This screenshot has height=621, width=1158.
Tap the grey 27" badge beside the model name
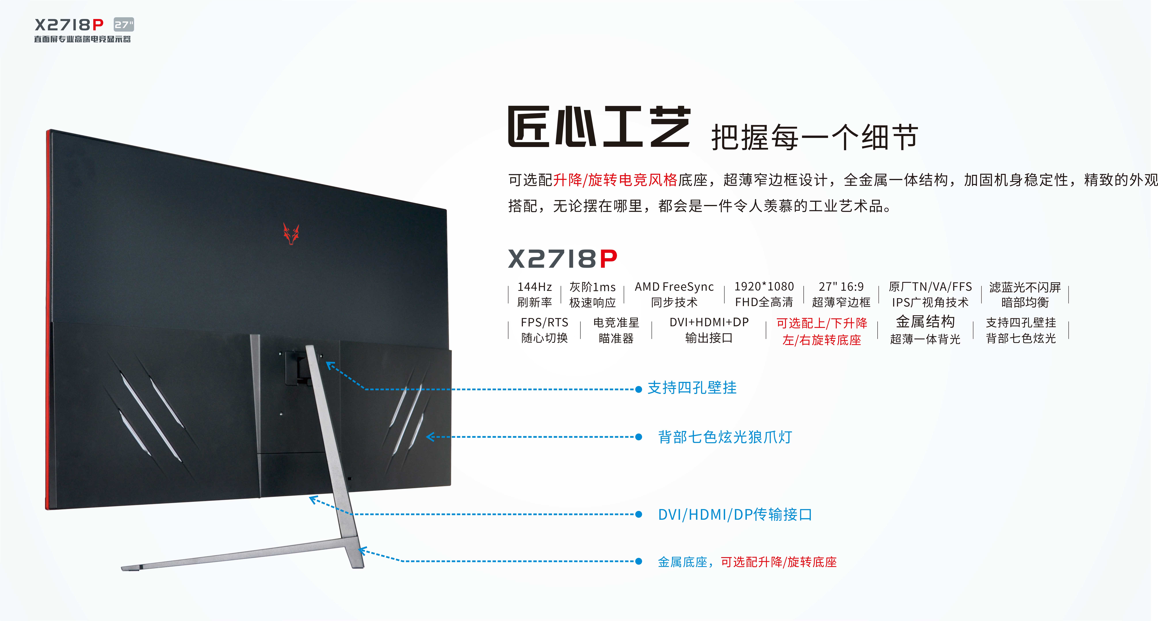124,25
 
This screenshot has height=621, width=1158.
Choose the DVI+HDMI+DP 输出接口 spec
709,330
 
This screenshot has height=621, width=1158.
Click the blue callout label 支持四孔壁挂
692,388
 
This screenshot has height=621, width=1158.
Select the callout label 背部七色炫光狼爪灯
725,437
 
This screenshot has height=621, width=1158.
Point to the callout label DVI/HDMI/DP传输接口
735,514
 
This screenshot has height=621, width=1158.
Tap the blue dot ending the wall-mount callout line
638,389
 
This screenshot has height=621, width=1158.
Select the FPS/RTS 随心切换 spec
544,330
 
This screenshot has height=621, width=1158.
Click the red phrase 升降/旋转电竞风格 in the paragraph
615,180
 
